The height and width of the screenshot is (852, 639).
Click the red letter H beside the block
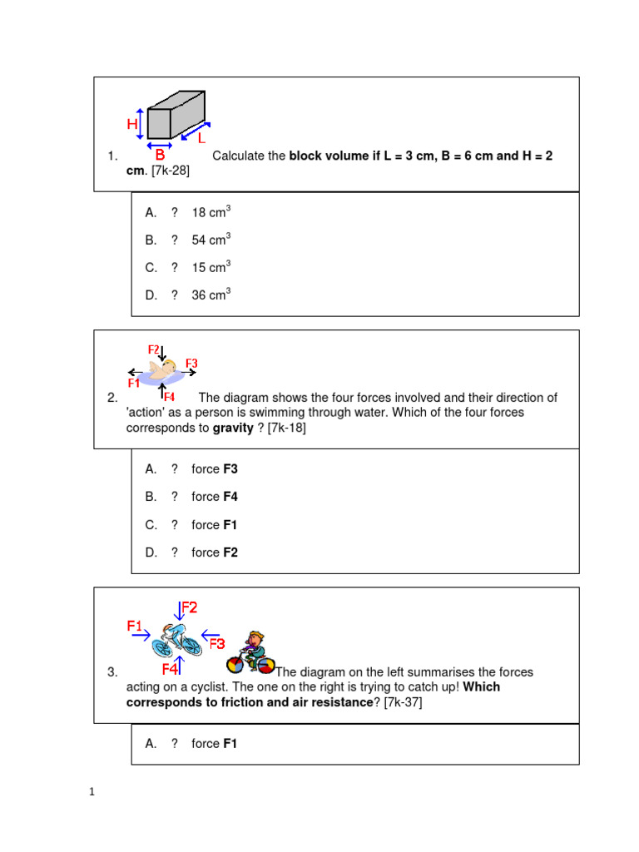[132, 124]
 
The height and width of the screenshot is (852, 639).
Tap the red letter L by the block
[201, 138]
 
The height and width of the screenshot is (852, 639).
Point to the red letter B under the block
[160, 155]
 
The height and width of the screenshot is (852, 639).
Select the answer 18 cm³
[211, 212]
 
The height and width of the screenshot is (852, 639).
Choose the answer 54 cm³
[211, 240]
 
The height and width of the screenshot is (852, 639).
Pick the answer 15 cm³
[211, 267]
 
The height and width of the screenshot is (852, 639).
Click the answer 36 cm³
[211, 295]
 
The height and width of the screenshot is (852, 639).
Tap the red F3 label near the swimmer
[191, 363]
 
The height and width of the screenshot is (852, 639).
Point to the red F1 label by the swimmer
[134, 384]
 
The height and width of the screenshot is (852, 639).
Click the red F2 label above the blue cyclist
[190, 608]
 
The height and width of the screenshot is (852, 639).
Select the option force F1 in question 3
[215, 744]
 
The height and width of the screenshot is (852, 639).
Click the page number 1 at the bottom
[93, 792]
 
